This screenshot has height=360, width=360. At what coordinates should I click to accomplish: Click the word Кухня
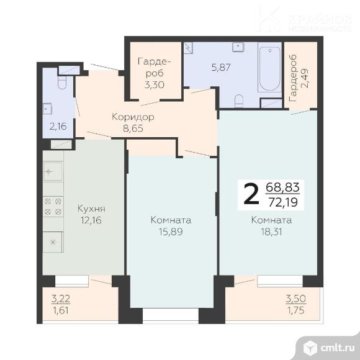click(91, 209)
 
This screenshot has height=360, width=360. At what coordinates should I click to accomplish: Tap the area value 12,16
click(91, 220)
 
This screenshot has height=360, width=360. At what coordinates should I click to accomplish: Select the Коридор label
click(133, 117)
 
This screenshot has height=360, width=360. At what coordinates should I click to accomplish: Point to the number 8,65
click(133, 128)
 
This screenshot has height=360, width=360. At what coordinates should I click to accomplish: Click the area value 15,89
click(171, 232)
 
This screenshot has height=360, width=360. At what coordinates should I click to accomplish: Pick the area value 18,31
click(271, 232)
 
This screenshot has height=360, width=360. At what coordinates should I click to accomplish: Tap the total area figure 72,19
click(283, 202)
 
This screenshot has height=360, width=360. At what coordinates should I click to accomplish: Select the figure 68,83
click(282, 187)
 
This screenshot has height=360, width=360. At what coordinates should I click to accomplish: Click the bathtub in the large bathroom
click(270, 67)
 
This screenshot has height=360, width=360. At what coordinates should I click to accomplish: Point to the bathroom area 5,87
click(221, 68)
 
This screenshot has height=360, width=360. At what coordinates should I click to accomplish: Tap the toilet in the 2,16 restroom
click(62, 82)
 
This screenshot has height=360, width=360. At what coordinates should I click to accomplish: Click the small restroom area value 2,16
click(58, 127)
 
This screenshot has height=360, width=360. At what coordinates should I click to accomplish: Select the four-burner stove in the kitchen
click(53, 207)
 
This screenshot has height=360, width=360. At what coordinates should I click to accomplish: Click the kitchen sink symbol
click(53, 171)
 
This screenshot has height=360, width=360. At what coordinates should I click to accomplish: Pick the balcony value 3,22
click(61, 299)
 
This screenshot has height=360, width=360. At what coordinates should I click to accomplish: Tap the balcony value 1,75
click(295, 310)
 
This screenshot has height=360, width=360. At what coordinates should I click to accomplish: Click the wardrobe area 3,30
click(155, 85)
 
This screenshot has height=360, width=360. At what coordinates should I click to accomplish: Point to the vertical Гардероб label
click(293, 78)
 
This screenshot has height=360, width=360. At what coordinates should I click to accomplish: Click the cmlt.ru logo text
click(338, 348)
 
